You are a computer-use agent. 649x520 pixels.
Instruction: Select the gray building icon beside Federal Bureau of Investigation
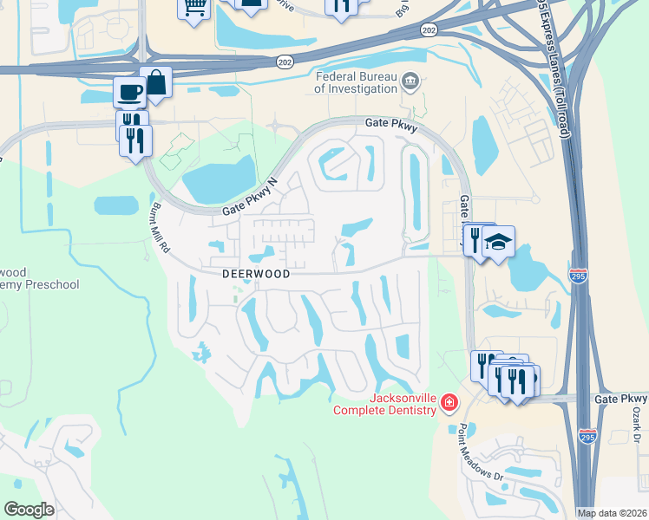411,83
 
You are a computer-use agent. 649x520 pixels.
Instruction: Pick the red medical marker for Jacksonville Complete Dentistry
449,401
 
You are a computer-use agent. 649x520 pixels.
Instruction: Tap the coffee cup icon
130,91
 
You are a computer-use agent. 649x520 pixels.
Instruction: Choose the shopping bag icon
156,83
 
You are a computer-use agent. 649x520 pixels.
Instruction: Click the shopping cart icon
194,7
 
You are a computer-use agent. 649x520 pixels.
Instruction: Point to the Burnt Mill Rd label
161,229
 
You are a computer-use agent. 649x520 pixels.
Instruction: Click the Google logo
29,509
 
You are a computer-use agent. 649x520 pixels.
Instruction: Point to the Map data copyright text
612,512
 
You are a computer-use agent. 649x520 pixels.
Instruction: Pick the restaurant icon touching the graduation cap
476,238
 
